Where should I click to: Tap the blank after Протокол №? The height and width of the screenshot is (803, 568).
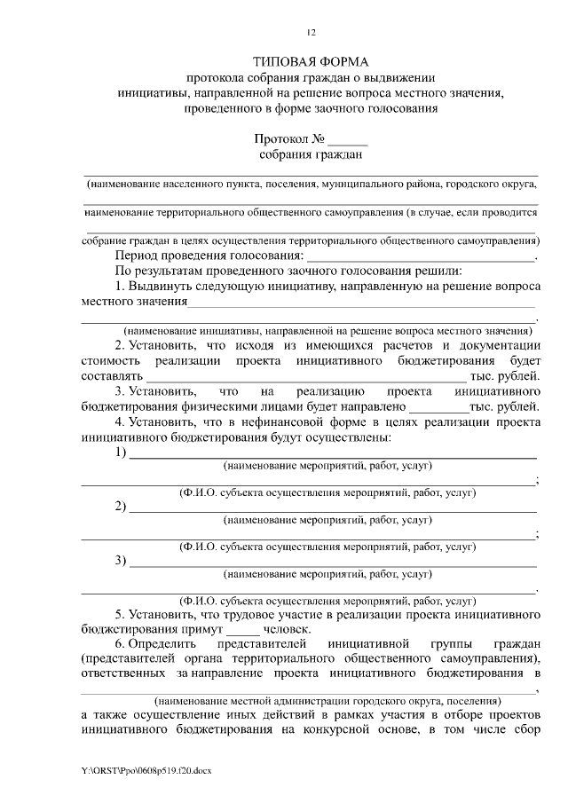[348, 139]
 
